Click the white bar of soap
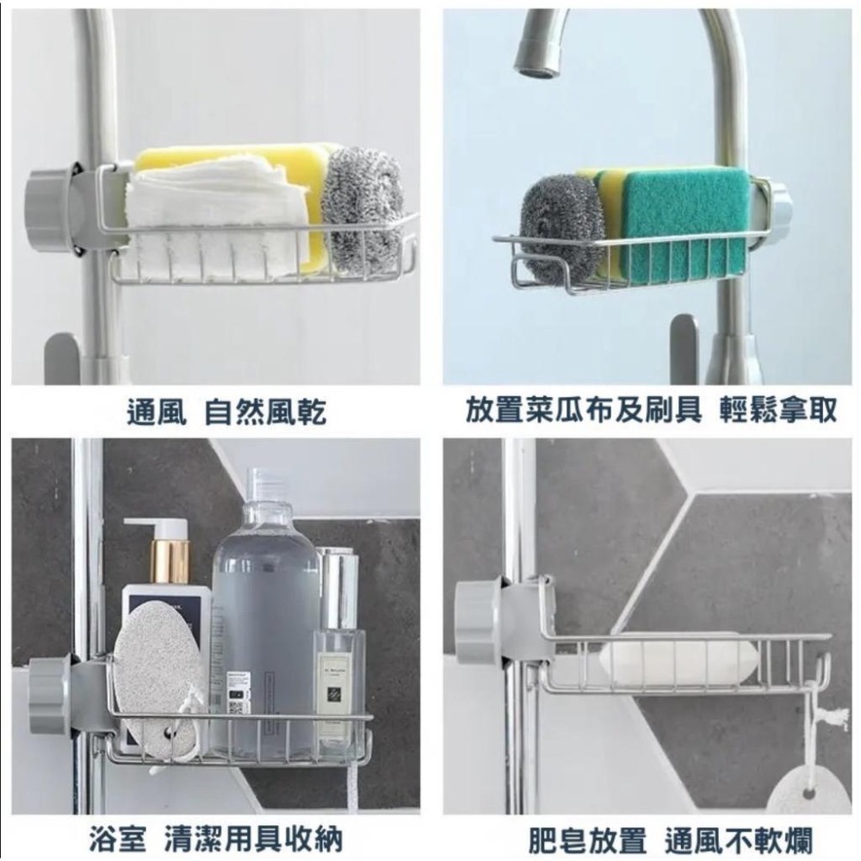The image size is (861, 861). (680, 663)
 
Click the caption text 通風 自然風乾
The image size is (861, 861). (226, 412)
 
